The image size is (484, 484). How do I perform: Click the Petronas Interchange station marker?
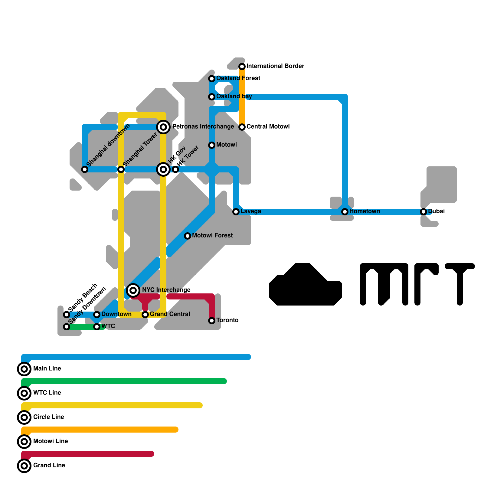(163, 127)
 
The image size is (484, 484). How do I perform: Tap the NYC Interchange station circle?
(133, 290)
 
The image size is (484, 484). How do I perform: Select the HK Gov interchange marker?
(163, 169)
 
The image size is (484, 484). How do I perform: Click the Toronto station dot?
(212, 321)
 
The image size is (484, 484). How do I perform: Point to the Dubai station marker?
(423, 212)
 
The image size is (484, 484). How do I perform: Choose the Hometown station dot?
(345, 212)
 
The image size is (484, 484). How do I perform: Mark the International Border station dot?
(242, 67)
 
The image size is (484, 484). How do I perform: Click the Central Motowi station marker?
(242, 127)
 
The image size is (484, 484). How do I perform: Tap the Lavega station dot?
(236, 212)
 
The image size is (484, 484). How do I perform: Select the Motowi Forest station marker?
(188, 236)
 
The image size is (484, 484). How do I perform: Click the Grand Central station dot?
(145, 315)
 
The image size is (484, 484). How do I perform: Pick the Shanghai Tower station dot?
(121, 169)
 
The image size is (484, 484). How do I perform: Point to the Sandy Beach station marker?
(67, 315)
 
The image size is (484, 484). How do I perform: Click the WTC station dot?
(97, 327)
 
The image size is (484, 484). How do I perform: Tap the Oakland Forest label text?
(238, 78)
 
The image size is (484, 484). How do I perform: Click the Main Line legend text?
(47, 368)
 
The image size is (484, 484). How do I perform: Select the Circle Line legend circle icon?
(24, 417)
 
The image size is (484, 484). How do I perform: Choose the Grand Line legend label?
(49, 465)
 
